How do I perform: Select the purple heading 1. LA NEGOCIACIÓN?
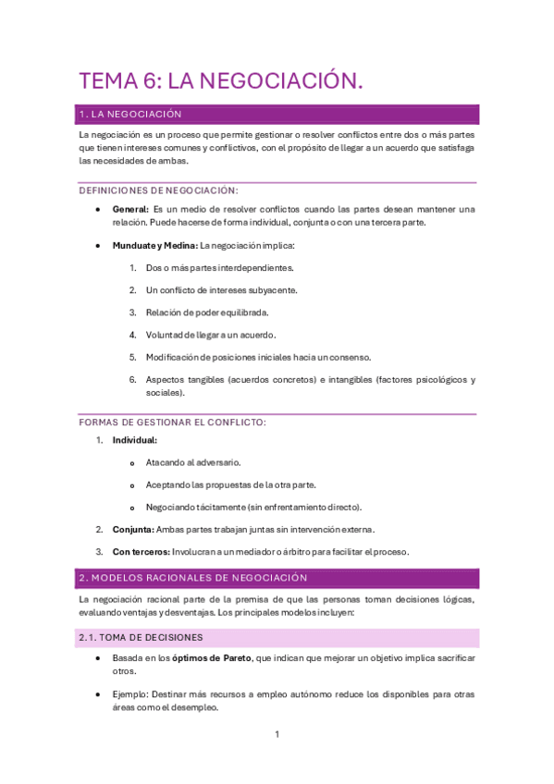click(x=130, y=115)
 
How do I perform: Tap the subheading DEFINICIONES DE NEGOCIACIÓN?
click(x=159, y=190)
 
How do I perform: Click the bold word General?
click(x=130, y=209)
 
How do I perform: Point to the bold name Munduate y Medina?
click(x=154, y=246)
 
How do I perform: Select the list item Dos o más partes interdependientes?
click(x=219, y=268)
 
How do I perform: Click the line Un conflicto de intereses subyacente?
click(x=221, y=290)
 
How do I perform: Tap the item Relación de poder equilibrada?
click(x=205, y=312)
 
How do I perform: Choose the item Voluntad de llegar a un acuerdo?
click(x=211, y=335)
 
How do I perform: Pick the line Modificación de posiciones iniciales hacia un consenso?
click(x=258, y=357)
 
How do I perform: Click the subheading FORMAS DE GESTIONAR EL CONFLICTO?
click(x=173, y=423)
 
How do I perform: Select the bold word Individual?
click(x=135, y=441)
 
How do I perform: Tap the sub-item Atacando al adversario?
click(x=193, y=463)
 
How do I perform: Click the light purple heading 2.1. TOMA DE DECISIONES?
click(x=142, y=638)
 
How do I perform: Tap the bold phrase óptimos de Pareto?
click(x=218, y=657)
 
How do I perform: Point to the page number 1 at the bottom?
click(x=277, y=735)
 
